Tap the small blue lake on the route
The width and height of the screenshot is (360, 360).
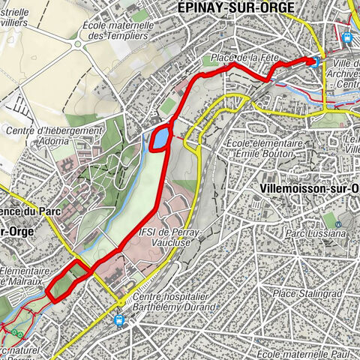(x=160, y=138)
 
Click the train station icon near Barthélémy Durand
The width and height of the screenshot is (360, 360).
(x=118, y=320)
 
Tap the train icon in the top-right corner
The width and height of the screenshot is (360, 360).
(x=346, y=37)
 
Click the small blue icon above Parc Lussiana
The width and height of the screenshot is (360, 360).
(x=338, y=223)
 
